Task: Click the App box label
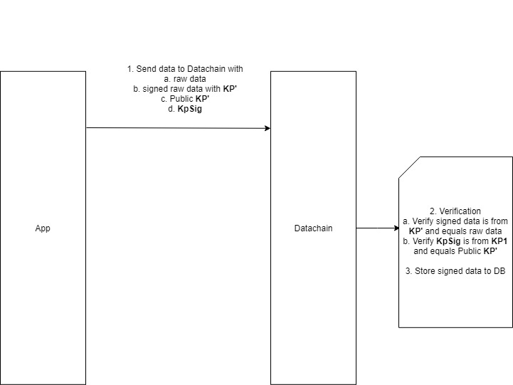(43, 228)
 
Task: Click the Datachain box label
(313, 228)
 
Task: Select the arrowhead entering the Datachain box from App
(267, 128)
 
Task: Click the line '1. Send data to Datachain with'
(185, 69)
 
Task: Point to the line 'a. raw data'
(185, 79)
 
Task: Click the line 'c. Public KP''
(185, 99)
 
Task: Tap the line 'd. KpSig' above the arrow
(185, 109)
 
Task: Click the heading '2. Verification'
(455, 211)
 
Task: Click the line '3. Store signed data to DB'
(455, 271)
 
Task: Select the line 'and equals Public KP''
(455, 251)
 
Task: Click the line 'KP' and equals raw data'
(455, 231)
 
